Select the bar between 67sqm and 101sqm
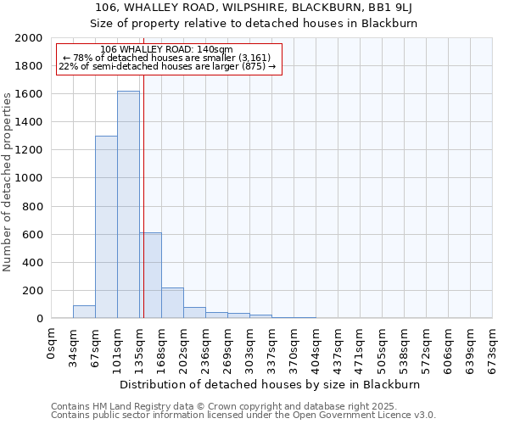pos(106,227)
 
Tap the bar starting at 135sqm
pos(151,276)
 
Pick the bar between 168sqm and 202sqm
pos(172,303)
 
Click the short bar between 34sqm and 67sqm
pos(84,312)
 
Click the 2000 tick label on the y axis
pos(30,38)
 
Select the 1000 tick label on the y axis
pos(30,178)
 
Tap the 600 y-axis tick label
pos(33,235)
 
